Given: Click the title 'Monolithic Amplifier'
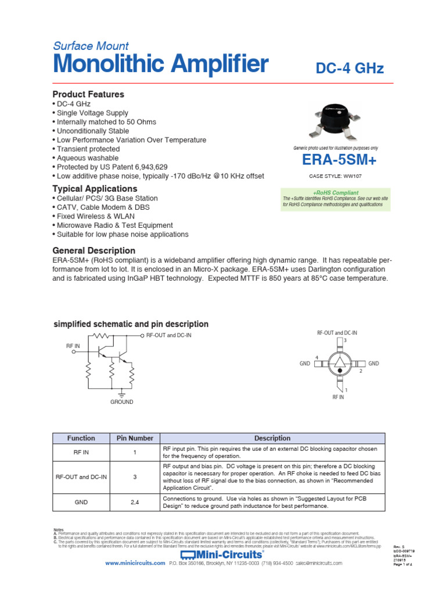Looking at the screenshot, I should point(160,64).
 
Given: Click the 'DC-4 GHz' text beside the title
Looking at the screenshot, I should point(349,69).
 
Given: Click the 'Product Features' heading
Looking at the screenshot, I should point(88,94).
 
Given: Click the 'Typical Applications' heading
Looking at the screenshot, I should point(95,189).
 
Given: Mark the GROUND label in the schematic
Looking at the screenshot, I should point(122,402).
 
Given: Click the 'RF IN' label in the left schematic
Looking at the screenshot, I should point(73,345).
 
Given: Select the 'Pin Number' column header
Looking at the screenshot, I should point(135,438).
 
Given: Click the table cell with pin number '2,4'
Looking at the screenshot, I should point(135,502).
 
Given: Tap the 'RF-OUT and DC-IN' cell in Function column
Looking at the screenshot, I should point(81,477).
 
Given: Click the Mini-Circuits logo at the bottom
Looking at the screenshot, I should point(222,554).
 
